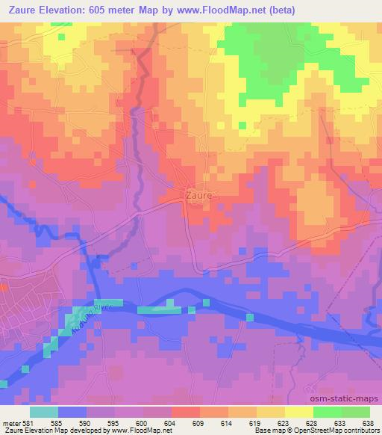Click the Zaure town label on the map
[x=198, y=195]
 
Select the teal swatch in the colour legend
[x=44, y=411]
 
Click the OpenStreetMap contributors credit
[x=339, y=431]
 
